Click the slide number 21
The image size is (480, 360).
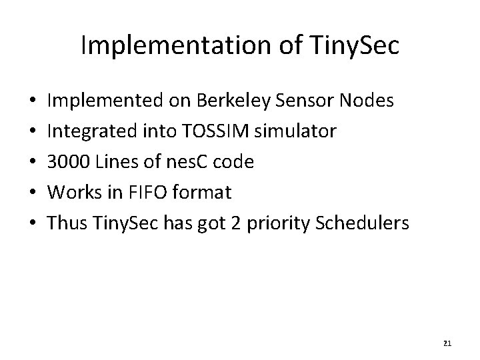tap(447, 343)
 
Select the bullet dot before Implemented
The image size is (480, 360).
tap(33, 101)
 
